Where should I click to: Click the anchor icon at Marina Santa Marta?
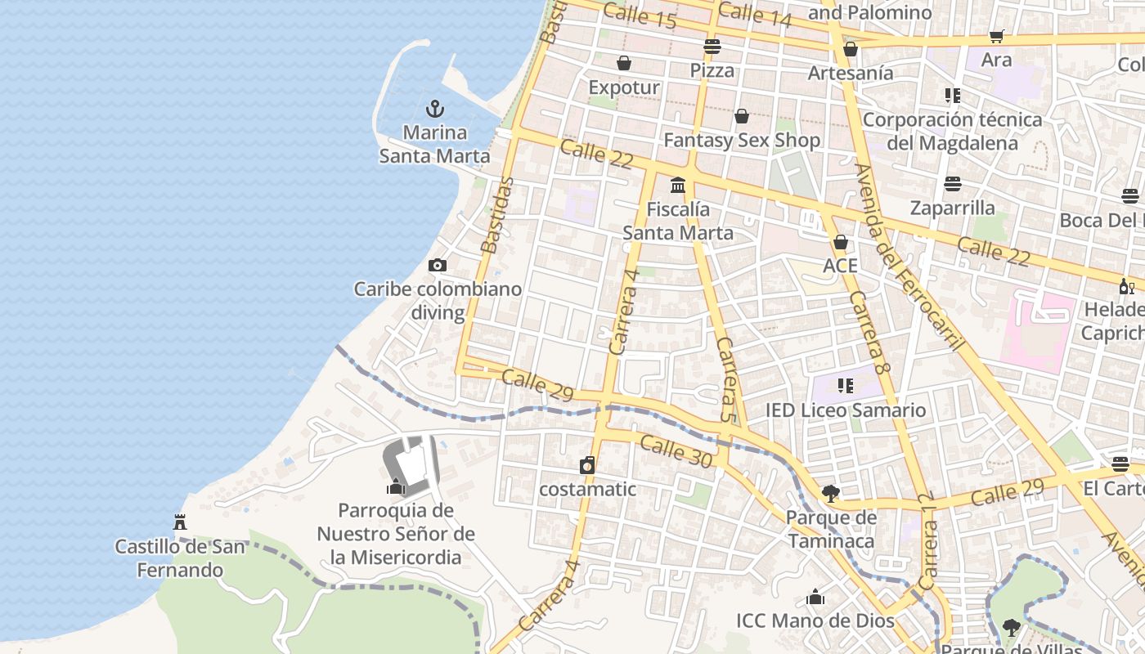[435, 109]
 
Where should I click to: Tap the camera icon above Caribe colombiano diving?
[438, 265]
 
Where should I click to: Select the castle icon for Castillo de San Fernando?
[180, 522]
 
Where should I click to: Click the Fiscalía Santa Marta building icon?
[678, 186]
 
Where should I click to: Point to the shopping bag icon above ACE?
[840, 243]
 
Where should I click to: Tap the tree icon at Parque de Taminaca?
[831, 494]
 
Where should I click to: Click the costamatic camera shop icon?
[587, 466]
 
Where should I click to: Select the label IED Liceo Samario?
[846, 410]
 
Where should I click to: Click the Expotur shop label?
[624, 87]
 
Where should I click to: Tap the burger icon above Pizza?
[712, 47]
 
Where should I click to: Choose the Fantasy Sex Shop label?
[742, 140]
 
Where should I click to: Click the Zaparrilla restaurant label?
[953, 207]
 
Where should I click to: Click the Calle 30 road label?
[676, 451]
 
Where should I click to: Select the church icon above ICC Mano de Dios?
[815, 598]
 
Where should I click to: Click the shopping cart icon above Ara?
[996, 36]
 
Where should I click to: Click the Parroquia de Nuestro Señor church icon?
[397, 487]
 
